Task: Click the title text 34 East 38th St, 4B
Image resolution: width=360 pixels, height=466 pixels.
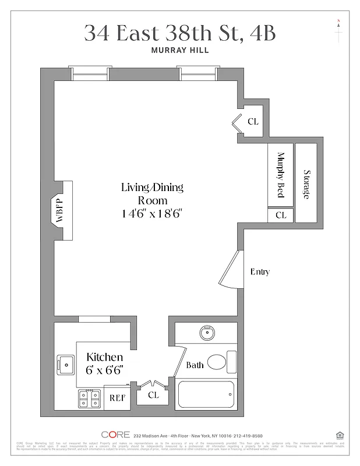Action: (179, 33)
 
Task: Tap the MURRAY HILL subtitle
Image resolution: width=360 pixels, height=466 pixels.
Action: (179, 51)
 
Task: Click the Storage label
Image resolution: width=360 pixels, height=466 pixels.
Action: (306, 185)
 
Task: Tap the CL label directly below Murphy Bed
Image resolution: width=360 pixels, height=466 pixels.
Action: (281, 215)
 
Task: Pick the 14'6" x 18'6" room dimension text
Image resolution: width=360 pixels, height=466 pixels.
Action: (152, 213)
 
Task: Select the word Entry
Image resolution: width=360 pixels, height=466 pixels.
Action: (260, 271)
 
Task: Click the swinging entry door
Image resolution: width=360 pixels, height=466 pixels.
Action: (231, 270)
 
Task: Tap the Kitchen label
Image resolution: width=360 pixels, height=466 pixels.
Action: (105, 356)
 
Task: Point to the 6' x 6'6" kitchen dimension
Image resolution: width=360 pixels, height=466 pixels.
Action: (105, 369)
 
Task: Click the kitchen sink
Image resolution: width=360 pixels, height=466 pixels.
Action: (66, 365)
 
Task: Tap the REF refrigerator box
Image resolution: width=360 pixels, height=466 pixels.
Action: (117, 398)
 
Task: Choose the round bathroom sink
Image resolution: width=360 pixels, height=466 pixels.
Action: (206, 334)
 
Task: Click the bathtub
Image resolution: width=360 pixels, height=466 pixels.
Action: (206, 394)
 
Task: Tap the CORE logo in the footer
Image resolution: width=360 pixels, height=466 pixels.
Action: (115, 435)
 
